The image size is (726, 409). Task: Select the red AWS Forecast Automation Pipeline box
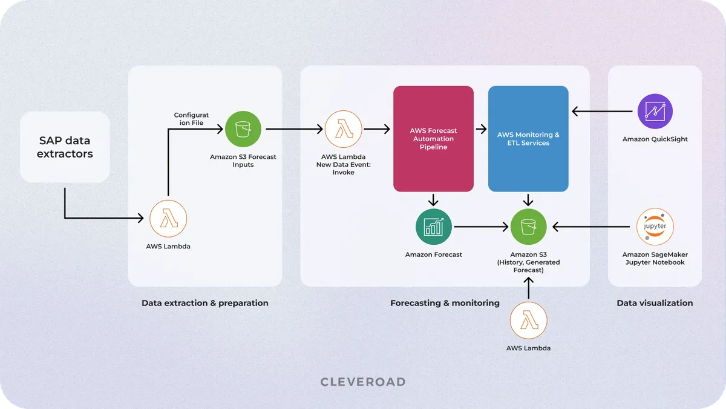coord(433,139)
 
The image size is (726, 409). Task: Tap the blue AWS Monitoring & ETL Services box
coord(528,139)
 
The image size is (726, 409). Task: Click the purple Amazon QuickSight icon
coord(655,111)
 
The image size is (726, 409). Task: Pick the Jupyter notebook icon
coord(655,227)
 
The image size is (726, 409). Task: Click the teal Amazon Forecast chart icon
coord(433,227)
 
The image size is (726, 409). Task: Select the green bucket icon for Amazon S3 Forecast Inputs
coord(243,128)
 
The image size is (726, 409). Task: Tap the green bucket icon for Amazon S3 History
coord(528,227)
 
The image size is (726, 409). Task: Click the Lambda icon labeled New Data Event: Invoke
coord(343,128)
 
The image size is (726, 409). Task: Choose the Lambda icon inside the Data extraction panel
coord(168,218)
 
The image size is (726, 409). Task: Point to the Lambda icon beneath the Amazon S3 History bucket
coord(528,320)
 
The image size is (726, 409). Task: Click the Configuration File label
coord(191,119)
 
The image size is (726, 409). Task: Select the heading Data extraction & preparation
coord(204,303)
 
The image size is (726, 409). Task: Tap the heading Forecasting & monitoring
coord(445,303)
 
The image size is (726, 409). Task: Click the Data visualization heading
coord(655,303)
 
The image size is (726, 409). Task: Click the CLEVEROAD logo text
coord(363,382)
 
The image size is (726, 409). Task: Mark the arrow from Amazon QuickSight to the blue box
coord(602,111)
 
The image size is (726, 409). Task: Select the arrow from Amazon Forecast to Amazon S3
coord(480,227)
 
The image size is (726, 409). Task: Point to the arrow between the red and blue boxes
coord(481,128)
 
